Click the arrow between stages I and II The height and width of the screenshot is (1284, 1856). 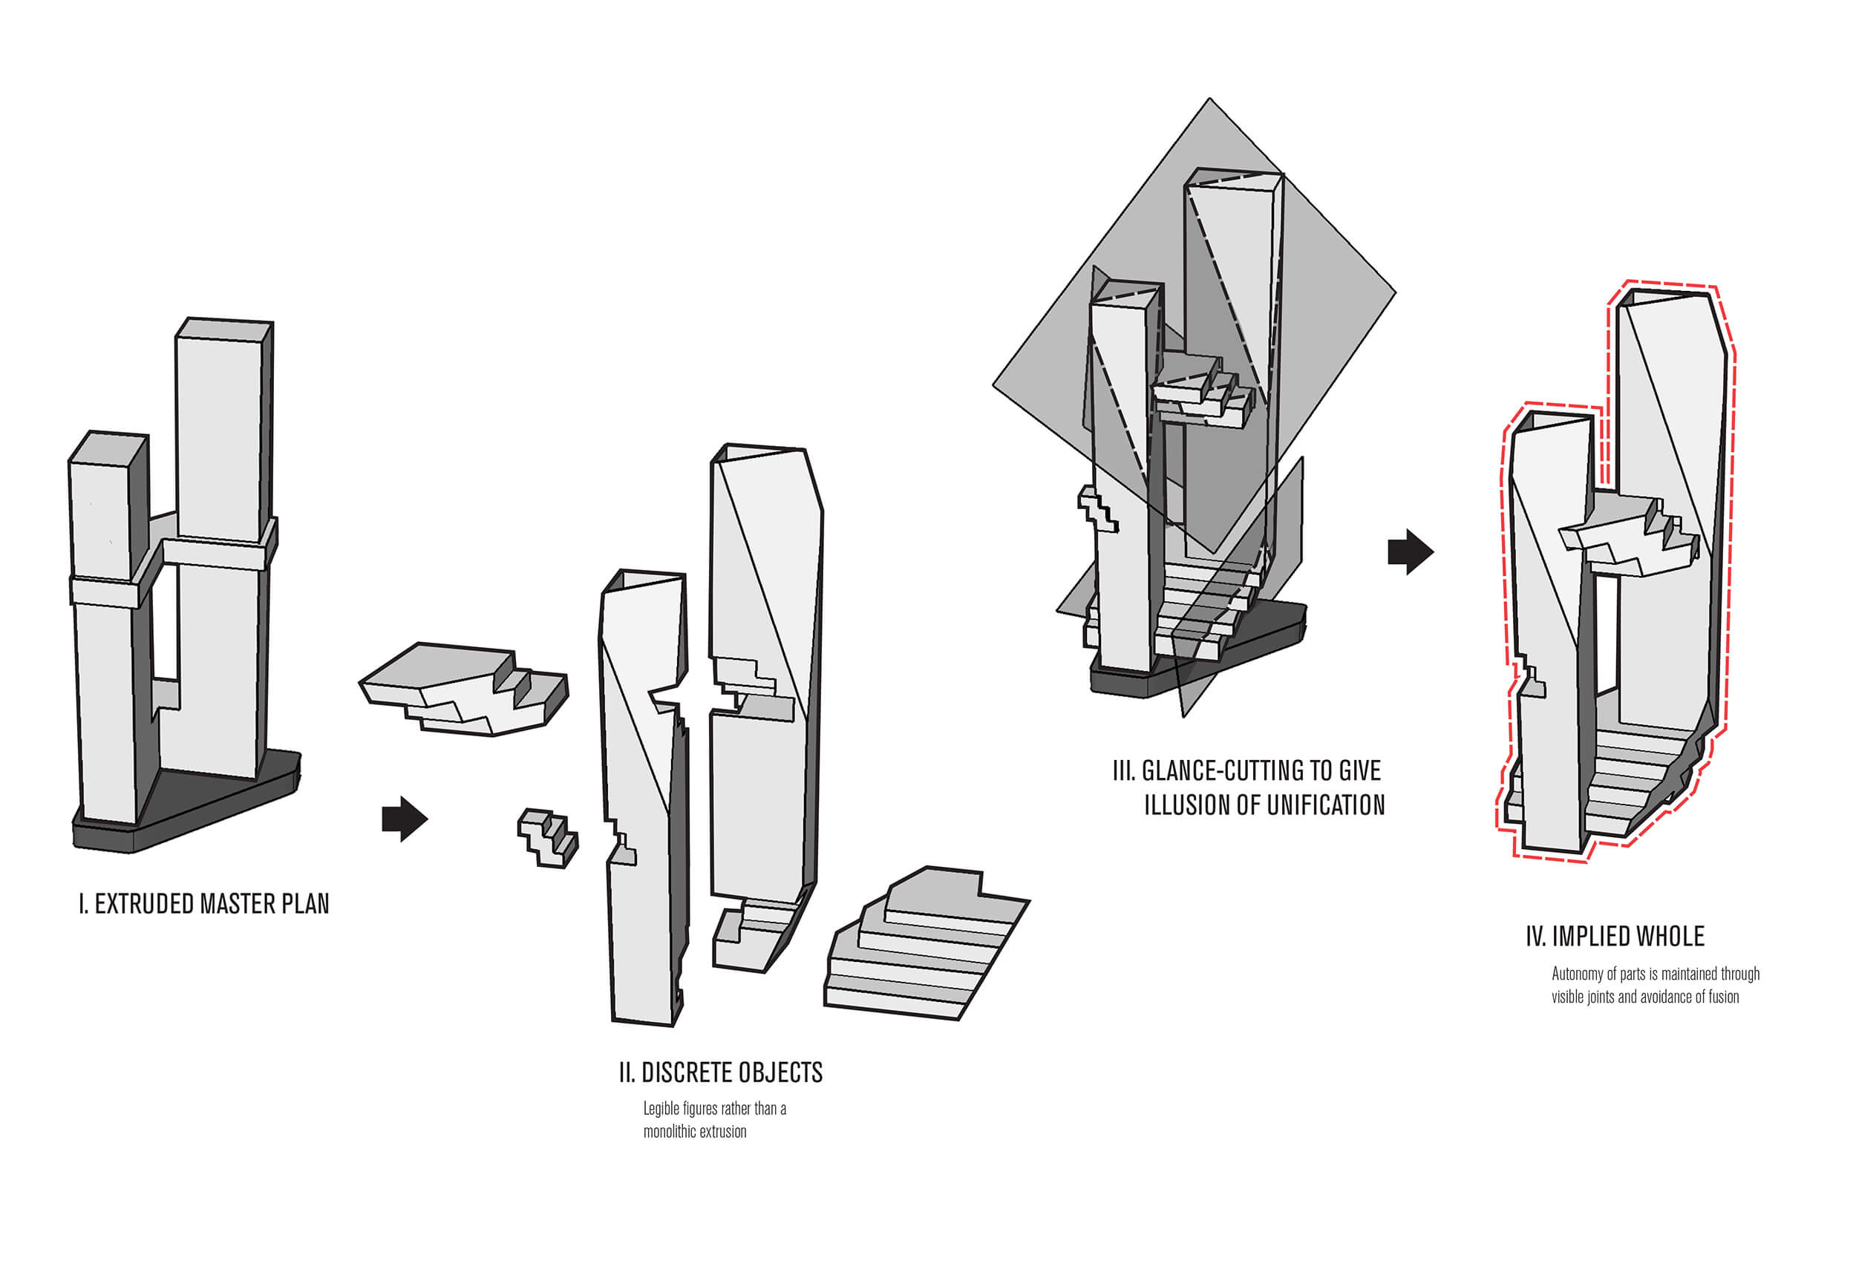pyautogui.click(x=404, y=819)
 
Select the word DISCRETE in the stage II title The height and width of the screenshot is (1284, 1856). pyautogui.click(x=685, y=1072)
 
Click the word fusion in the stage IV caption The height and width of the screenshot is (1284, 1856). pyautogui.click(x=1723, y=998)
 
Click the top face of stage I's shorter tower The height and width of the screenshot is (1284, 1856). pyautogui.click(x=108, y=447)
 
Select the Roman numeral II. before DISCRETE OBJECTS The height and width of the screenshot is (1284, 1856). pyautogui.click(x=627, y=1072)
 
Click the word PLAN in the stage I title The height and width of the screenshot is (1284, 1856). pyautogui.click(x=305, y=904)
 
